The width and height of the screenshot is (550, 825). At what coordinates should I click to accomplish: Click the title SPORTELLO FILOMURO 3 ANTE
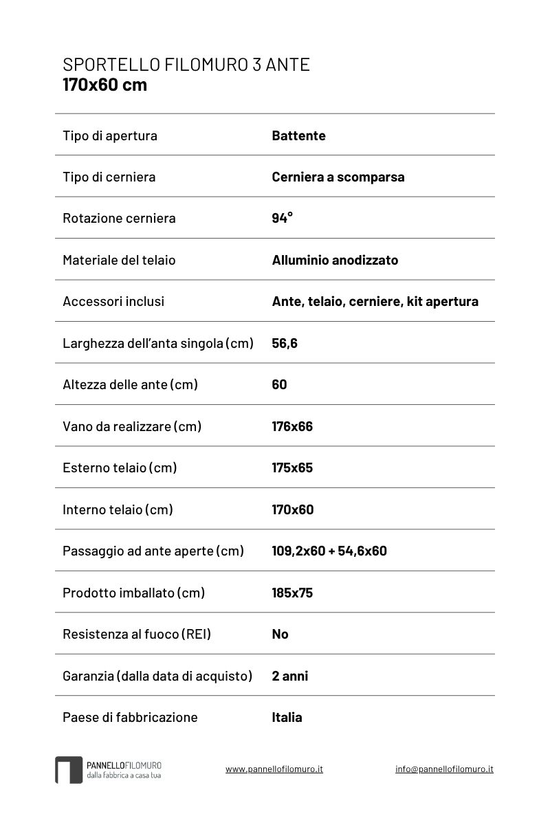[186, 65]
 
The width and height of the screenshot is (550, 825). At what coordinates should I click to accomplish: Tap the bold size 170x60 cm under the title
[104, 85]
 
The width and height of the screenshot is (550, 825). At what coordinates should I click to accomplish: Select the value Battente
[298, 135]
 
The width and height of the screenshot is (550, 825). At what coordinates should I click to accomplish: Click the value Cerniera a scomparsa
[338, 177]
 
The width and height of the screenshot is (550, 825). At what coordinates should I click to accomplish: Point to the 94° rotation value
[282, 218]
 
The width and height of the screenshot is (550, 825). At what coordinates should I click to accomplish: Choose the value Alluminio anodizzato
[335, 260]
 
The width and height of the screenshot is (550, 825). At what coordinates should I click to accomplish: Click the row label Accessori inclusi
[113, 301]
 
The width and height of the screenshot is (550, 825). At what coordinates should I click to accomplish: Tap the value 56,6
[285, 343]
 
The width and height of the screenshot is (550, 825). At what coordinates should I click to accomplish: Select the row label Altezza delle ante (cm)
[130, 384]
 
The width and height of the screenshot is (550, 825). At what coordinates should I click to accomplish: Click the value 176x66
[292, 426]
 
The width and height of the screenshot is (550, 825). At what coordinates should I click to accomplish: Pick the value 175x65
[292, 467]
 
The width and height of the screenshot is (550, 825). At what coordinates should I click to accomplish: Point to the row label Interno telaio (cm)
[118, 509]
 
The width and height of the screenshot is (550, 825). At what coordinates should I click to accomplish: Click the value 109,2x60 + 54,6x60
[329, 551]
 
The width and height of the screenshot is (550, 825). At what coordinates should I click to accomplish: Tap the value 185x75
[292, 593]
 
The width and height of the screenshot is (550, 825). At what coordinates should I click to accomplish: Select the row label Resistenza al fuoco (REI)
[137, 634]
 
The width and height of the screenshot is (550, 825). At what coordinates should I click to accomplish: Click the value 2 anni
[290, 676]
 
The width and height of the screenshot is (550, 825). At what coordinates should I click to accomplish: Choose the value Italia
[287, 717]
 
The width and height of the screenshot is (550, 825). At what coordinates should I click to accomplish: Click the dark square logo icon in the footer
[69, 769]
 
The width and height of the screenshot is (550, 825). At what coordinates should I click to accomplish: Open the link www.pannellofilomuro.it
[274, 769]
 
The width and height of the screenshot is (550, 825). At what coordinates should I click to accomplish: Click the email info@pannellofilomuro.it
[444, 769]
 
